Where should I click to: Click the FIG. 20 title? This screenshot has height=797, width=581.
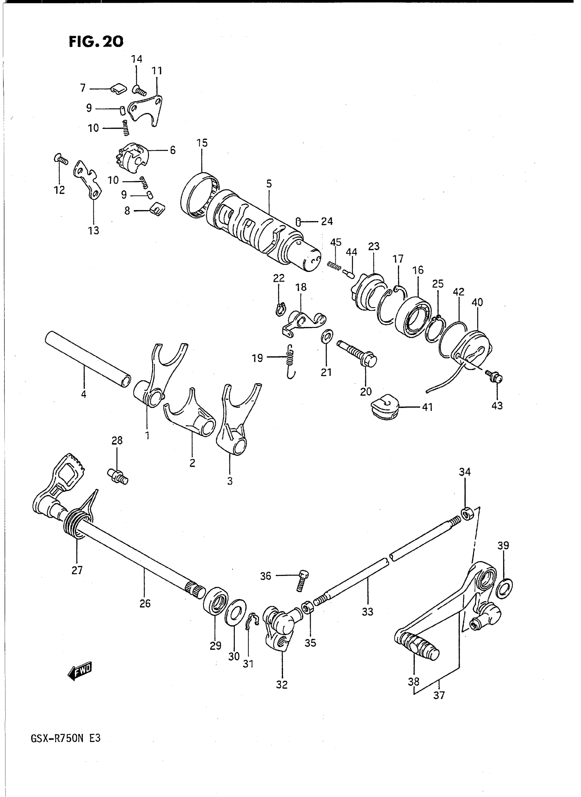96,41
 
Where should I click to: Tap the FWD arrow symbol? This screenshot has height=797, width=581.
80,672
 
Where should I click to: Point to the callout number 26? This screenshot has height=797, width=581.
145,604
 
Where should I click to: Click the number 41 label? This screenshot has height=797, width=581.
427,408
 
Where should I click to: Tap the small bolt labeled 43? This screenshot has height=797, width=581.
495,377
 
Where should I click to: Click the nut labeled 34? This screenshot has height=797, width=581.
467,515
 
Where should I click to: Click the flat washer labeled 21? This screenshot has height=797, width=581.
327,336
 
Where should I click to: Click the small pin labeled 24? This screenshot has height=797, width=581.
298,222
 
